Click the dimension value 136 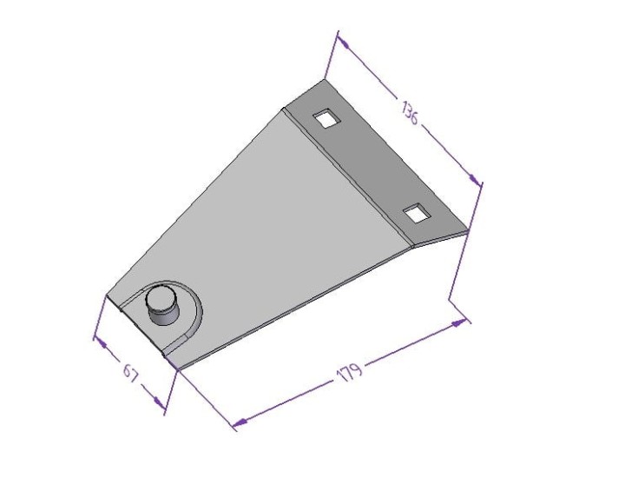(x=409, y=113)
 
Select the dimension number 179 (x=349, y=373)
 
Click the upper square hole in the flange (x=326, y=118)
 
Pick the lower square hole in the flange (x=417, y=212)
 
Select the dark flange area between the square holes (x=373, y=165)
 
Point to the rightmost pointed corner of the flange (x=469, y=230)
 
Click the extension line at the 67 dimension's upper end (x=98, y=317)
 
